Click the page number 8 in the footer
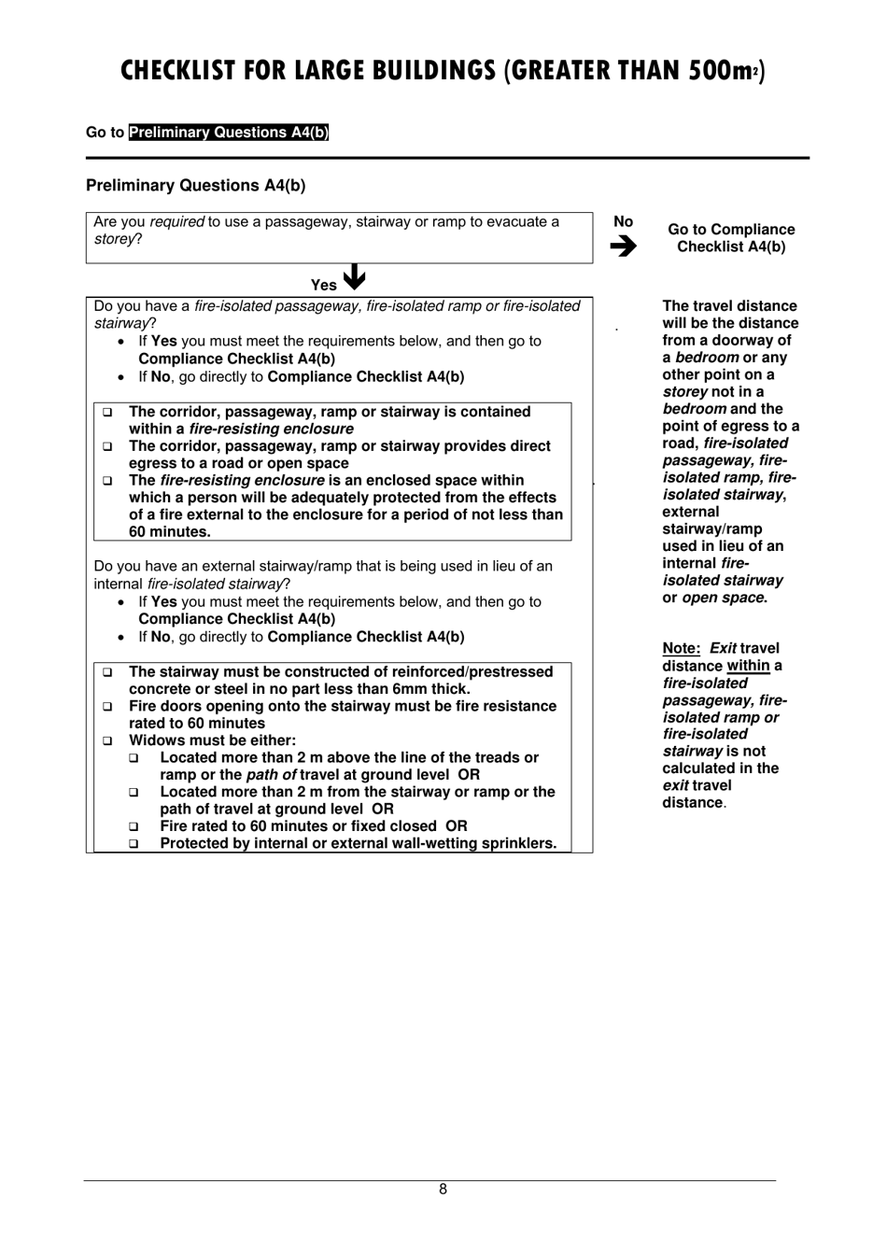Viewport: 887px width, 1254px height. click(x=443, y=1190)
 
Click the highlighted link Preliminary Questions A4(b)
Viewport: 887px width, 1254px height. click(x=229, y=133)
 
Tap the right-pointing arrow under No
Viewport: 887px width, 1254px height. click(x=624, y=247)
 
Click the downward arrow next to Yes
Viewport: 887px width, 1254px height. click(x=355, y=278)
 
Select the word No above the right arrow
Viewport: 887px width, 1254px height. click(x=624, y=222)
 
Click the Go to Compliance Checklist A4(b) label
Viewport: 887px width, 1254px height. click(x=731, y=238)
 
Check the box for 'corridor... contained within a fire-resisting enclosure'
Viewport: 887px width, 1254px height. click(x=107, y=412)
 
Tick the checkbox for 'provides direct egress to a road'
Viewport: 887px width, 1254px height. click(x=107, y=446)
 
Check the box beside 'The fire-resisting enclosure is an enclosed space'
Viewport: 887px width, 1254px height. click(x=107, y=481)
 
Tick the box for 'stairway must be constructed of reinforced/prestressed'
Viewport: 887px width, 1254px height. click(x=107, y=672)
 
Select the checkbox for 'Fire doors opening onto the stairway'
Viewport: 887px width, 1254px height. click(x=107, y=707)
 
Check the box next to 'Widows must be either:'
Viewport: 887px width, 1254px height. click(x=107, y=740)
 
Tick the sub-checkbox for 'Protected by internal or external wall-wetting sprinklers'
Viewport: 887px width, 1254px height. click(x=134, y=844)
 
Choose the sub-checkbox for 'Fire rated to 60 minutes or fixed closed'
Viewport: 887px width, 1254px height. click(x=134, y=826)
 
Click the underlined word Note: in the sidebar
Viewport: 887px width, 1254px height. click(x=682, y=648)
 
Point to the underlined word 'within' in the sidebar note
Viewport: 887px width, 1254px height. click(x=748, y=666)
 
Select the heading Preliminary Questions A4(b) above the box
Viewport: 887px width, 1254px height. click(x=195, y=186)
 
